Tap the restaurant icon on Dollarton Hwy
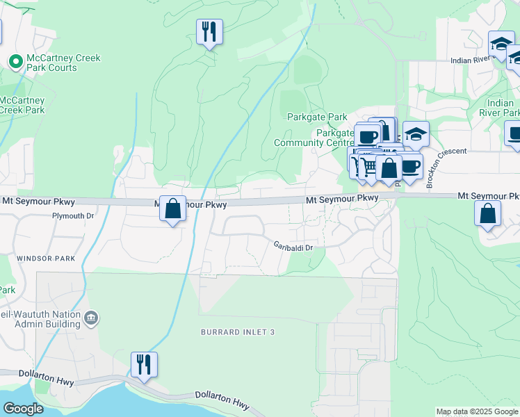coord(144,364)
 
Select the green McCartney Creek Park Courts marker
coord(15,62)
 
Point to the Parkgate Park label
coord(317,117)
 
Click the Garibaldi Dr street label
coord(294,247)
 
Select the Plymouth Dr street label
coord(72,216)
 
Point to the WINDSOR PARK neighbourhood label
coord(45,259)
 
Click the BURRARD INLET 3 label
coord(238,333)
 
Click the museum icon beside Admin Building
coord(91,318)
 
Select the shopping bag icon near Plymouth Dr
coord(172,208)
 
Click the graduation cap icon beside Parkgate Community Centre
coord(416,134)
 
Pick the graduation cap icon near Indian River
coord(501,44)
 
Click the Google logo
coord(22,408)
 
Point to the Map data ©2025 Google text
coord(477,411)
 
